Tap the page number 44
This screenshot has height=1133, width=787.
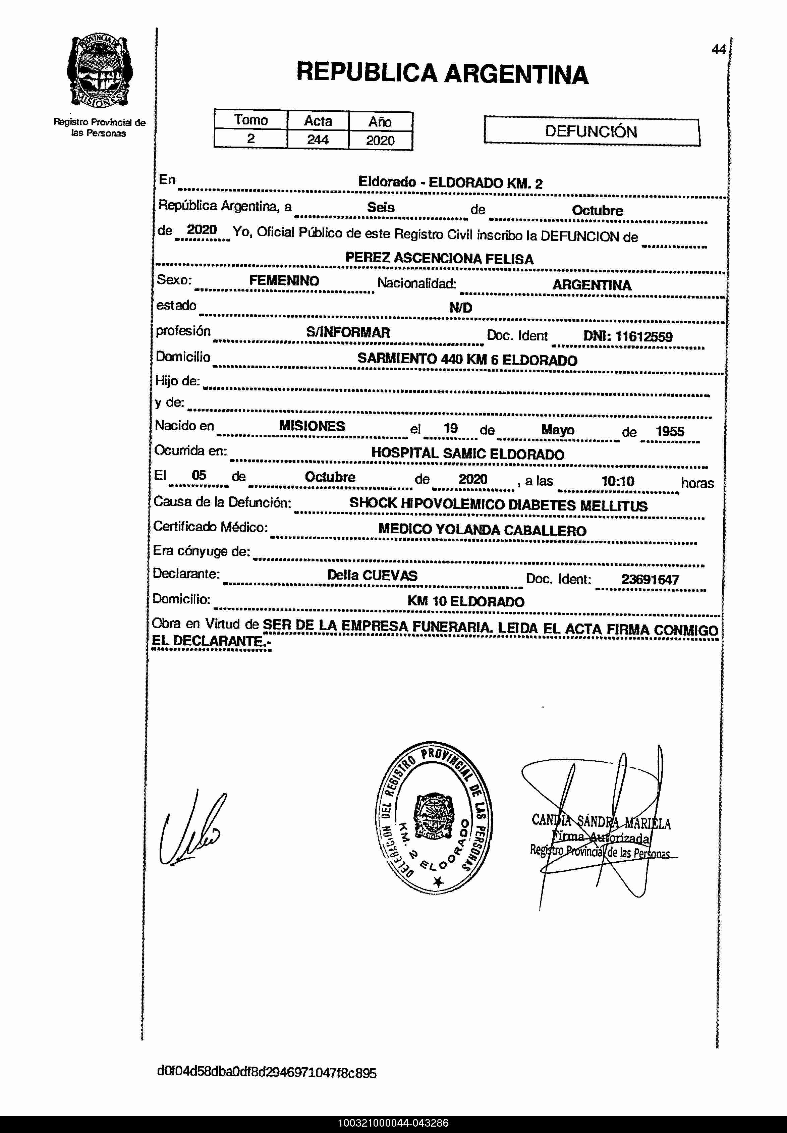click(x=719, y=49)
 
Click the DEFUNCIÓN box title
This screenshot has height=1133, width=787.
click(x=591, y=131)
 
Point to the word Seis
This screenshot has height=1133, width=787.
click(x=380, y=207)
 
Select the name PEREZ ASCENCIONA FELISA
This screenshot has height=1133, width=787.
click(x=439, y=259)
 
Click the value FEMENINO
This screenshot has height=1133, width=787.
click(x=284, y=281)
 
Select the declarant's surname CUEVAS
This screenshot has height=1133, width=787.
click(x=390, y=575)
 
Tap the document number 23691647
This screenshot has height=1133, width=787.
click(x=650, y=580)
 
